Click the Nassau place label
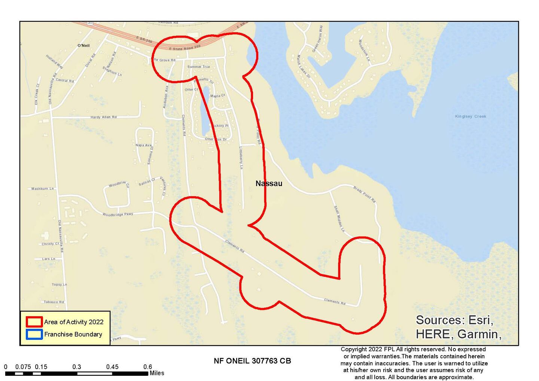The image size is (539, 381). point(269,183)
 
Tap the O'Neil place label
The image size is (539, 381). point(83,46)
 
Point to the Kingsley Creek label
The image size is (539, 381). point(471,116)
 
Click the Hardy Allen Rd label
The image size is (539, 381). point(104,117)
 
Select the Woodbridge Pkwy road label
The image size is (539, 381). point(118,214)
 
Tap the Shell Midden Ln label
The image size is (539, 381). point(339,219)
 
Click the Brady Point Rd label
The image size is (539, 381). point(364,194)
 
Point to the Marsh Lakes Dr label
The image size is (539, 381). point(304,66)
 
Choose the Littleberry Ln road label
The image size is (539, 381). point(241,158)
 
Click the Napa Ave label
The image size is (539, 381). point(144,145)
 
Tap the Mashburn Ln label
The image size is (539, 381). point(42,189)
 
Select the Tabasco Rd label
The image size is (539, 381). point(54,302)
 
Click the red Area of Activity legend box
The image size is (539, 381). point(34,322)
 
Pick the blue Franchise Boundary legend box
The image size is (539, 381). point(34,334)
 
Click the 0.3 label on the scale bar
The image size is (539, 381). point(77,367)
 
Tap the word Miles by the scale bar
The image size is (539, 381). point(157,373)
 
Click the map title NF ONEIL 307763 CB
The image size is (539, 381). point(252,361)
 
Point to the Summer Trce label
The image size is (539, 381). point(198,67)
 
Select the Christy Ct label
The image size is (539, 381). point(50,244)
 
